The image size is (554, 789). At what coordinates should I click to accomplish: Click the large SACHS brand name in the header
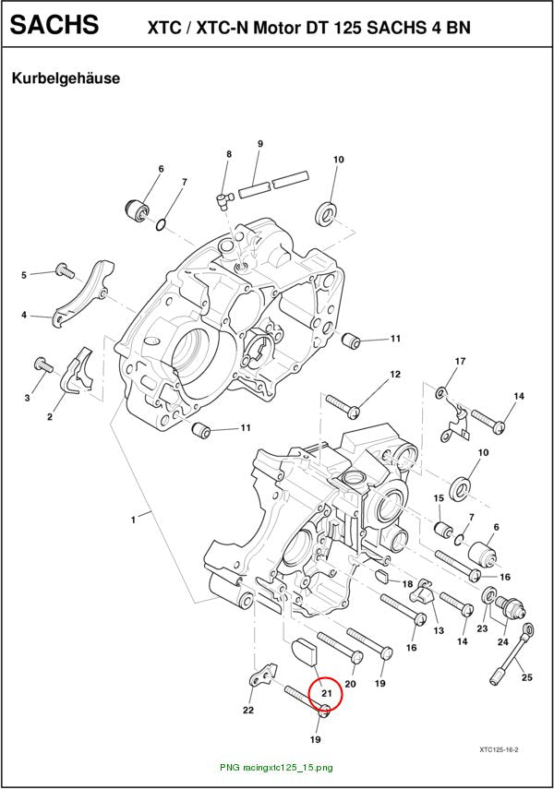pyautogui.click(x=54, y=24)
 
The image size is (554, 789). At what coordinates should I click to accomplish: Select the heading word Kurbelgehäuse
pyautogui.click(x=66, y=78)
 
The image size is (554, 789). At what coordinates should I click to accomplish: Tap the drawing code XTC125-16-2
pyautogui.click(x=499, y=749)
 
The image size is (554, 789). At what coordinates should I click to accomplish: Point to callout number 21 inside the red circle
pyautogui.click(x=327, y=693)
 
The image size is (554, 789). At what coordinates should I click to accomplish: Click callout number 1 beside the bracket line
pyautogui.click(x=133, y=520)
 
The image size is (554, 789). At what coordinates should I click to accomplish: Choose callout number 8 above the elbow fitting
pyautogui.click(x=229, y=154)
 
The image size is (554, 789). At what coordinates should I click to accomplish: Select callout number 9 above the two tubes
pyautogui.click(x=260, y=144)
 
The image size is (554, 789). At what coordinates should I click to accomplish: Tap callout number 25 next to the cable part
pyautogui.click(x=527, y=677)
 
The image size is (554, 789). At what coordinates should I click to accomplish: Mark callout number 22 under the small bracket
pyautogui.click(x=248, y=710)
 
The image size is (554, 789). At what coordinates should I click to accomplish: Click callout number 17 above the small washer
pyautogui.click(x=461, y=361)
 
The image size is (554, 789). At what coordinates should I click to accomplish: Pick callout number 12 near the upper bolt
pyautogui.click(x=395, y=374)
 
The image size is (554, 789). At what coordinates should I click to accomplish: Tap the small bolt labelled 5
pyautogui.click(x=65, y=270)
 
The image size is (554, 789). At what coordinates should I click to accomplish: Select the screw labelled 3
pyautogui.click(x=42, y=364)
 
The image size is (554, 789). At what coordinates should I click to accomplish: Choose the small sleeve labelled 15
pyautogui.click(x=443, y=530)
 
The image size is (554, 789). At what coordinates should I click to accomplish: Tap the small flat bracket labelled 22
pyautogui.click(x=263, y=675)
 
